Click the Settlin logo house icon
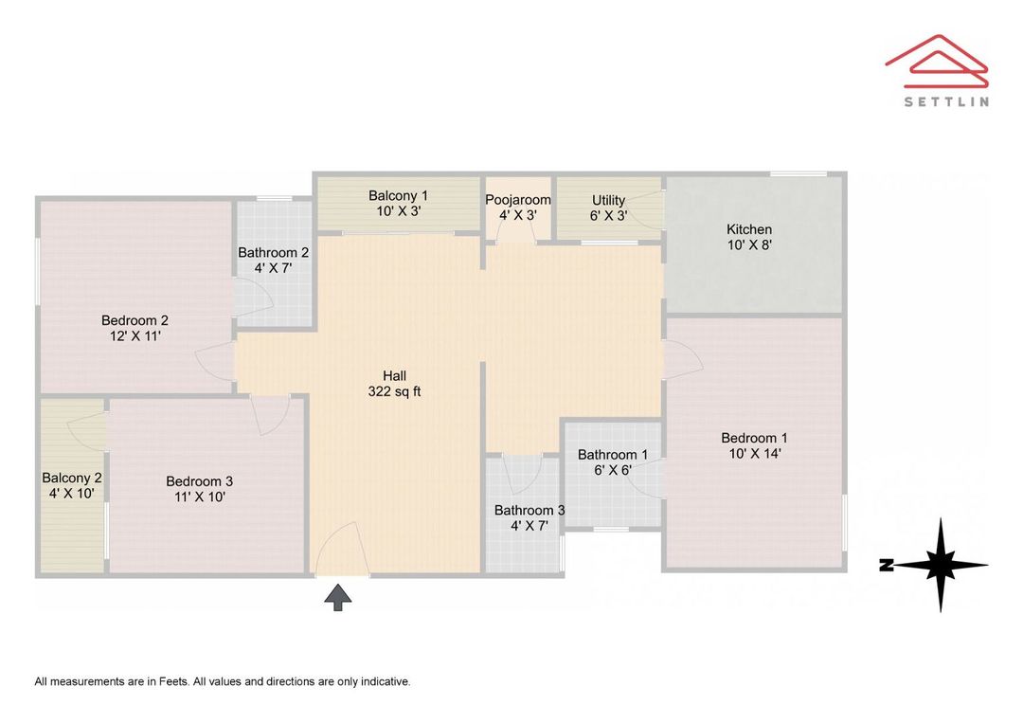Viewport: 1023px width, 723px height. coord(937,61)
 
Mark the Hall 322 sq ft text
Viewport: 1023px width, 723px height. coord(395,384)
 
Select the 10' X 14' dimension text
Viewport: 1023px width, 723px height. coord(755,454)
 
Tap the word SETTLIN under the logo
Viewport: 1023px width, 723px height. coord(946,101)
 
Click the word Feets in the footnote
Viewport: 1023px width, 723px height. coord(174,682)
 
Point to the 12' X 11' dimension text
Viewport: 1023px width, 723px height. coord(135,336)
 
